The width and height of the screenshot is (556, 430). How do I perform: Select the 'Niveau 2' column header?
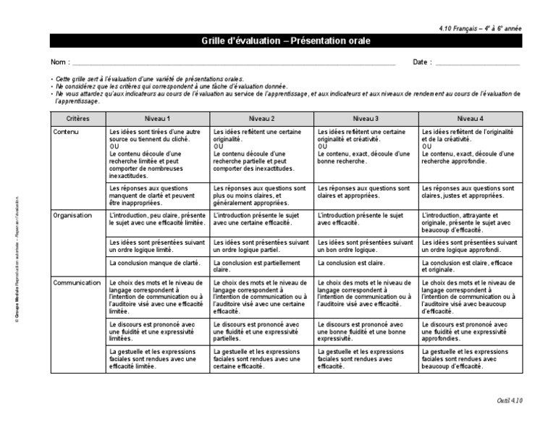[x=261, y=119]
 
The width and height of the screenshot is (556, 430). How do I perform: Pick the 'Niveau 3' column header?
[x=366, y=119]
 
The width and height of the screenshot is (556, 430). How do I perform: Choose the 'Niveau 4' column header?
[x=470, y=119]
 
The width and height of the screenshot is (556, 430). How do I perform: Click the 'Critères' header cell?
[x=77, y=119]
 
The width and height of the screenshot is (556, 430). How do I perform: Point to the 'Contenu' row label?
[x=66, y=132]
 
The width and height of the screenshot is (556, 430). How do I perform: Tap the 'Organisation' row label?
[x=72, y=215]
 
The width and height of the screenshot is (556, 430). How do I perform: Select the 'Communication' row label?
[x=76, y=282]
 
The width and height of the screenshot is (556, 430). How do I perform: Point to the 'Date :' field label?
[x=422, y=62]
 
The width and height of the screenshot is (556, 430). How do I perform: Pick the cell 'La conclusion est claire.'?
[x=351, y=264]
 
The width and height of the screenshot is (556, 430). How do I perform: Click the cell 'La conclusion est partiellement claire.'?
[x=260, y=266]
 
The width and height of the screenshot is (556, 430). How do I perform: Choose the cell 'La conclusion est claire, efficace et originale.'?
[x=469, y=266]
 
